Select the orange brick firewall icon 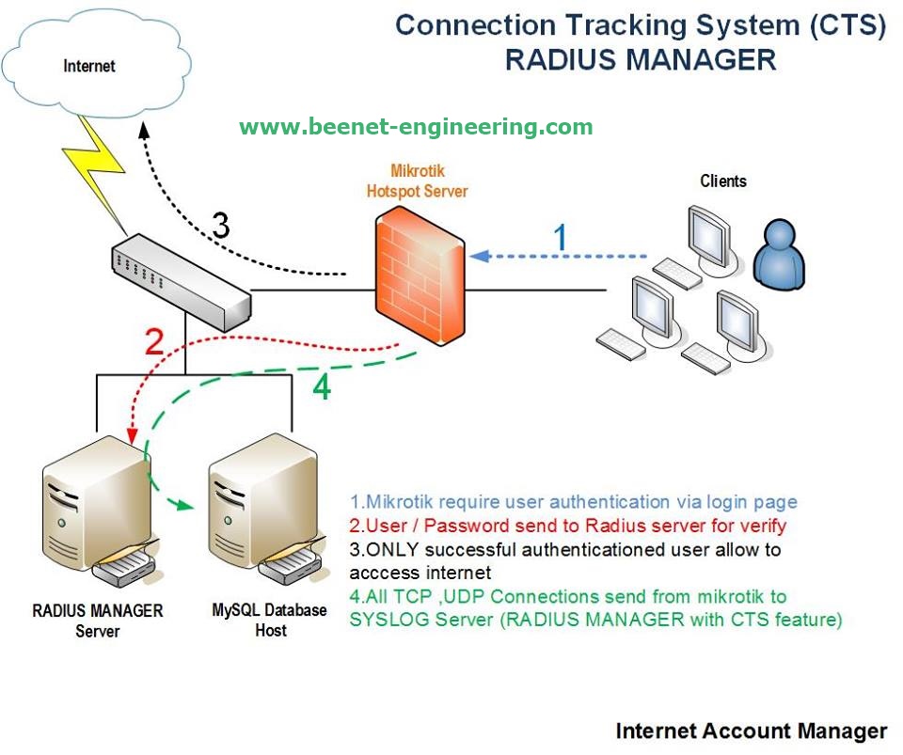420,276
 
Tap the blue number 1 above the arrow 561,238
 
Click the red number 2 155,344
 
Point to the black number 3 220,226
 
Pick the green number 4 322,386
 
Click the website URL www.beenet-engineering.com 416,127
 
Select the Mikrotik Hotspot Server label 416,181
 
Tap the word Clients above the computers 723,181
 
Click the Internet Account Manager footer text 751,731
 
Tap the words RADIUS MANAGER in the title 640,59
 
